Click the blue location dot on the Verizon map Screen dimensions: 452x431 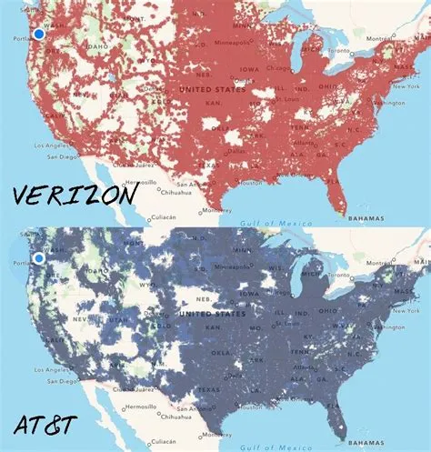[x=38, y=34]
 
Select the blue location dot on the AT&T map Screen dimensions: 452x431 [x=38, y=259]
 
